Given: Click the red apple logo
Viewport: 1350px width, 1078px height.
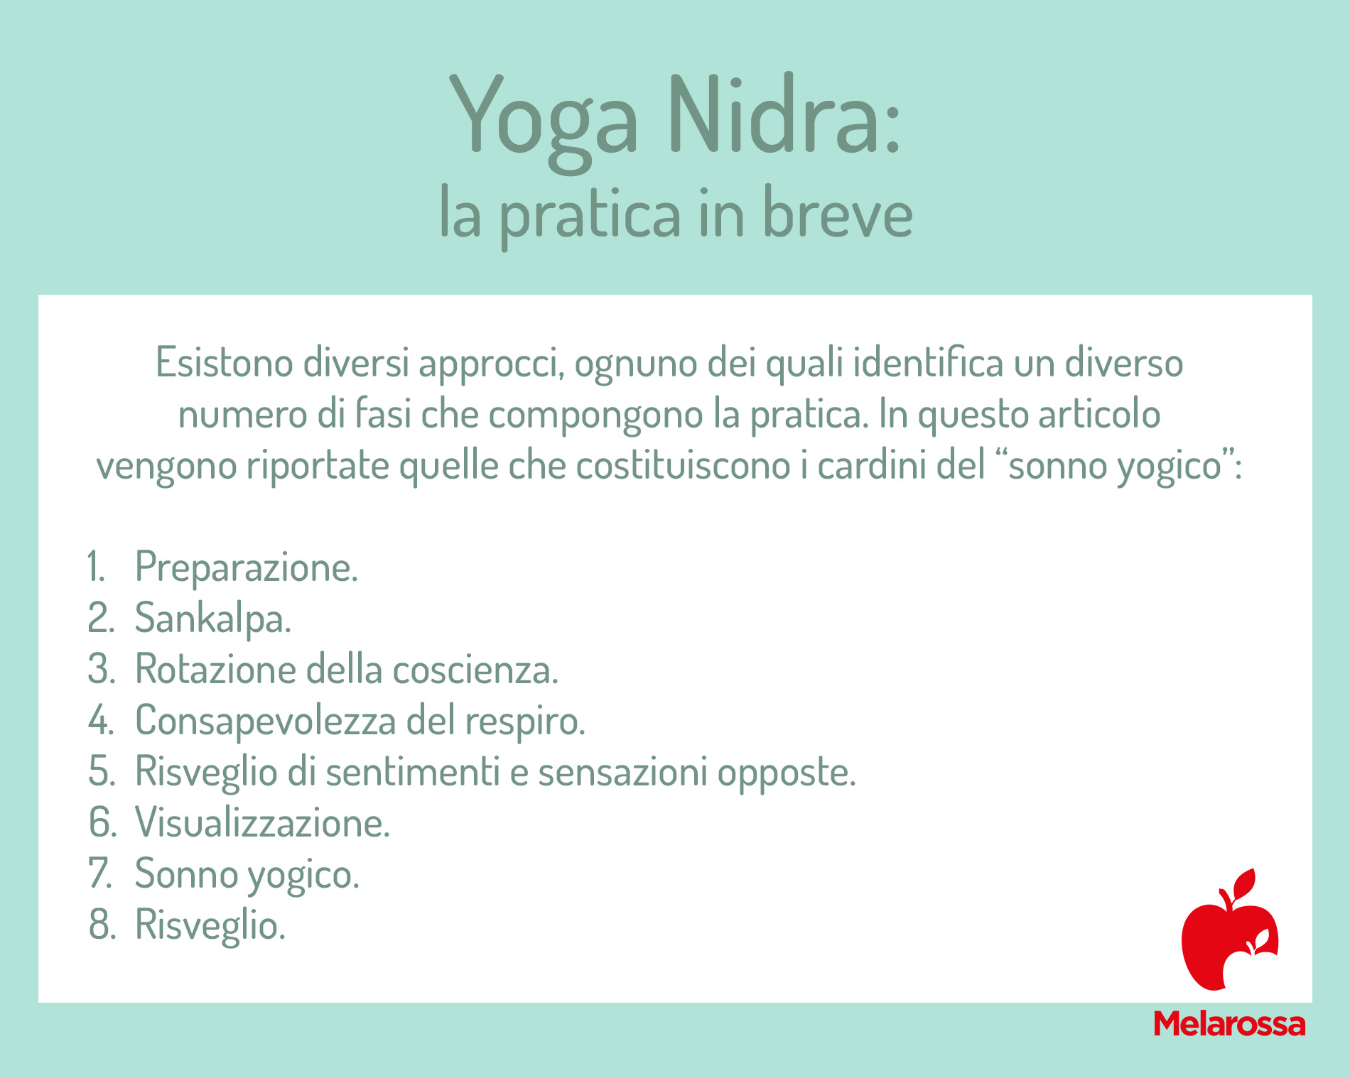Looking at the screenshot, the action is pos(1229,930).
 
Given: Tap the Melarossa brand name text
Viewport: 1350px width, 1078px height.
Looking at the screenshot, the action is pos(1229,1023).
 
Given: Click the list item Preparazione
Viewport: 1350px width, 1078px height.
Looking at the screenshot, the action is pos(247,567).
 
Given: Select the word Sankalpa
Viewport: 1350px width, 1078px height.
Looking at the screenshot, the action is pos(213,618).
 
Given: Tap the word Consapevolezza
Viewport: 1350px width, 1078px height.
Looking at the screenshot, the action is pos(266,721).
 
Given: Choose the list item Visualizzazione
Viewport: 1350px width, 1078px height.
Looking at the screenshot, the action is pos(263,822).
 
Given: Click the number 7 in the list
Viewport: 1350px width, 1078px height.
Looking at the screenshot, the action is pos(100,873).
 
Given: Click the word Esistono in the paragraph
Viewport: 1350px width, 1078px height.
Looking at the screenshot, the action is pos(225,362).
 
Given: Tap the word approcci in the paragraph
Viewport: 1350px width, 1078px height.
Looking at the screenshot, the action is pos(491,365).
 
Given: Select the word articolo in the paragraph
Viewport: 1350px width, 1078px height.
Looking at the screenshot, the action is pos(1100,414).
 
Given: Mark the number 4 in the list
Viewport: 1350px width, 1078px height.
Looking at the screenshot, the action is pos(100,720).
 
